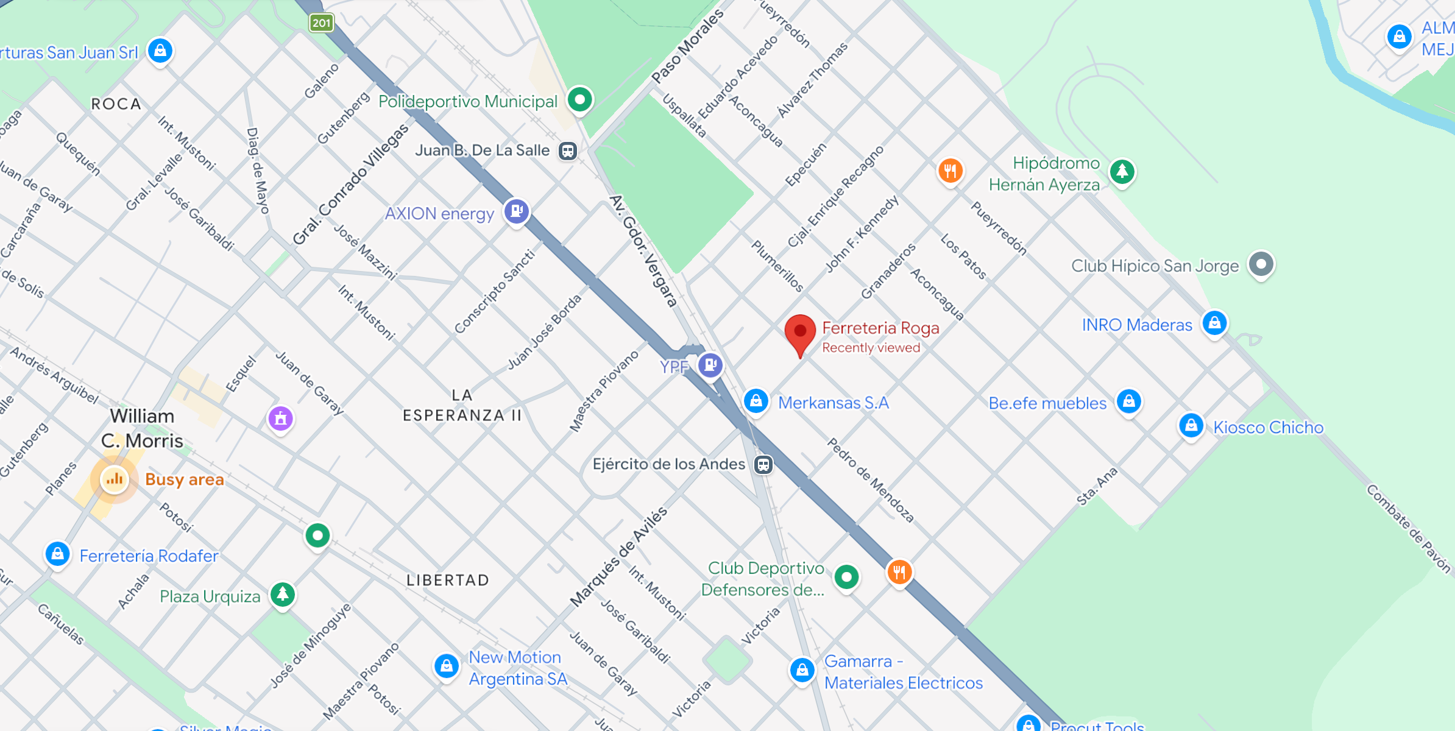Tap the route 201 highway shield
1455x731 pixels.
[321, 23]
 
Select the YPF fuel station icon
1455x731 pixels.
[710, 365]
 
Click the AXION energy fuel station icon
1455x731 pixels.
[517, 211]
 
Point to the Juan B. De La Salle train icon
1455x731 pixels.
[568, 150]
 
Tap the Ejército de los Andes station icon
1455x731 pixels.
[763, 465]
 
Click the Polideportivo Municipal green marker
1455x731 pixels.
[579, 99]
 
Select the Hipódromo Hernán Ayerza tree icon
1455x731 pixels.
[1122, 172]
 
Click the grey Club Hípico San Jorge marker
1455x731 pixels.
[1261, 264]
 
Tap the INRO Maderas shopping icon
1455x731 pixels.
[1214, 323]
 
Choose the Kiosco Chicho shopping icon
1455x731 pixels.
[1191, 426]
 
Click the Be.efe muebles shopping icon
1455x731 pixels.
[1128, 401]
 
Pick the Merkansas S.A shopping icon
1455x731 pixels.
[756, 401]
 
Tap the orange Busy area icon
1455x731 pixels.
[115, 480]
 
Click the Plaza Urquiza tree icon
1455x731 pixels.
[283, 594]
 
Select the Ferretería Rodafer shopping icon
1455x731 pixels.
[58, 554]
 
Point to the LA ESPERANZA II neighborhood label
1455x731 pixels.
[462, 406]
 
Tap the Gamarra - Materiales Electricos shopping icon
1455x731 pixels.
[802, 671]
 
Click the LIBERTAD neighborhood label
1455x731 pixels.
[448, 580]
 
